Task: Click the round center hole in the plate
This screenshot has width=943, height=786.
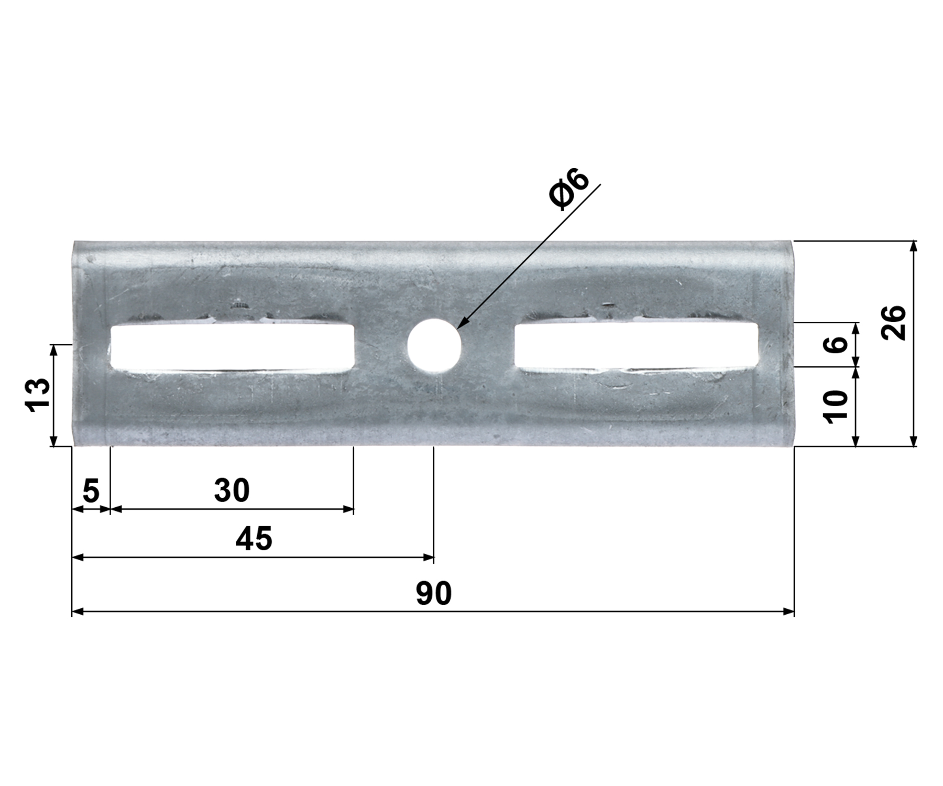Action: pyautogui.click(x=434, y=345)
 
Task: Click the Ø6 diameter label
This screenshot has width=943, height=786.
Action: pyautogui.click(x=569, y=189)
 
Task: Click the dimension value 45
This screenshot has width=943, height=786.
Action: pyautogui.click(x=254, y=539)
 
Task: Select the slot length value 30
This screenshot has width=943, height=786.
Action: pyautogui.click(x=232, y=490)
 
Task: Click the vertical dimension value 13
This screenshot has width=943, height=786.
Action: pyautogui.click(x=39, y=395)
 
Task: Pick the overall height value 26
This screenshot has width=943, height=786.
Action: pyautogui.click(x=893, y=323)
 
